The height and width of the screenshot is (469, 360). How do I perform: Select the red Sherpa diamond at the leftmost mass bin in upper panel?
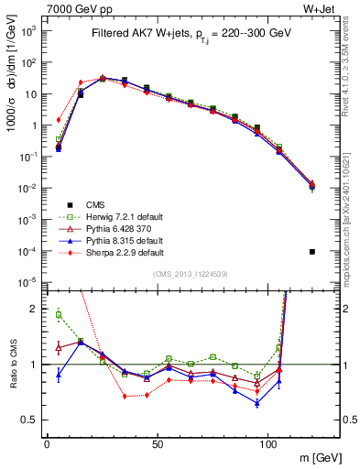click(59, 119)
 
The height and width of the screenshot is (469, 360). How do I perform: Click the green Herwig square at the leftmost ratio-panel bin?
click(59, 315)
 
